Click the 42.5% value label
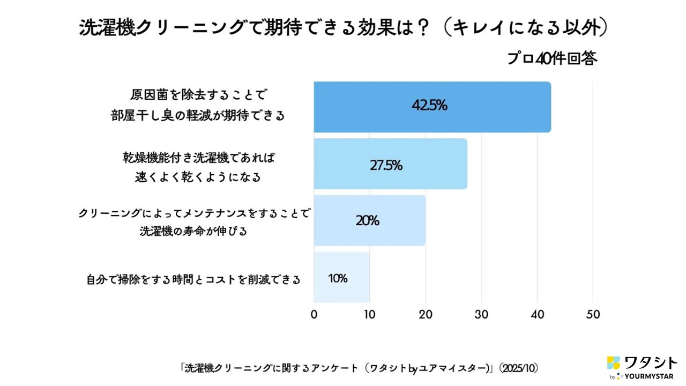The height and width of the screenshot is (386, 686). pyautogui.click(x=429, y=106)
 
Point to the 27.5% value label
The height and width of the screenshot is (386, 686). pyautogui.click(x=386, y=165)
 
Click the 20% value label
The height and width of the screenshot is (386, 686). pyautogui.click(x=367, y=220)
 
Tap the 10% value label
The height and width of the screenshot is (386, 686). pyautogui.click(x=338, y=279)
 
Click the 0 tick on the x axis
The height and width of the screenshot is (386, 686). pyautogui.click(x=314, y=315)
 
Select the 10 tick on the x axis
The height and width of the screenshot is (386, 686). pyautogui.click(x=370, y=315)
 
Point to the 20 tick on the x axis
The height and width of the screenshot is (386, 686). pyautogui.click(x=426, y=315)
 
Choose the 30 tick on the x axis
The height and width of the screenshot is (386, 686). pyautogui.click(x=481, y=315)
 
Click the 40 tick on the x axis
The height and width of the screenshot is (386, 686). pyautogui.click(x=537, y=315)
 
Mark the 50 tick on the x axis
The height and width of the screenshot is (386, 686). pyautogui.click(x=593, y=315)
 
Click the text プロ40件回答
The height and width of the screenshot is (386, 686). pyautogui.click(x=552, y=58)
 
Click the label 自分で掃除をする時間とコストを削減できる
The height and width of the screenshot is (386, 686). pyautogui.click(x=193, y=279)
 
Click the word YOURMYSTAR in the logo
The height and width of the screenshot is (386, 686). pyautogui.click(x=648, y=376)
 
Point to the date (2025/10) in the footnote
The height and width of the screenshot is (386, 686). pyautogui.click(x=519, y=368)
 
